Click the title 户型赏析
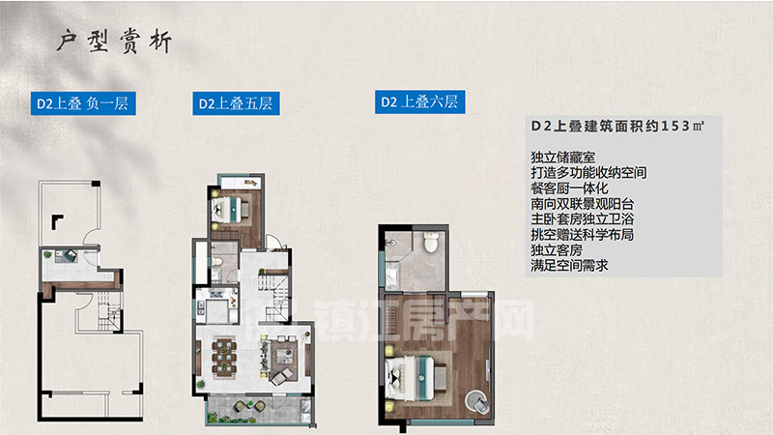114,41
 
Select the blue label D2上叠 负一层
83,103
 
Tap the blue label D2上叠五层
236,103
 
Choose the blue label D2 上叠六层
420,102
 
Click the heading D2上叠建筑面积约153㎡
617,127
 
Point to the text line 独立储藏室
563,158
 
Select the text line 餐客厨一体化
569,188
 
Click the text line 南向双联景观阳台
583,204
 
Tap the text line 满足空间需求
569,265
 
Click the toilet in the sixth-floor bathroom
431,243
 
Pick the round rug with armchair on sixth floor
477,403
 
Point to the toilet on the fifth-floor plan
218,261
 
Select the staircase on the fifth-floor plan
272,297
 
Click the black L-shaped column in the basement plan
57,222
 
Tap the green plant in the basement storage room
47,255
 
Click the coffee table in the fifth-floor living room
284,356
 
